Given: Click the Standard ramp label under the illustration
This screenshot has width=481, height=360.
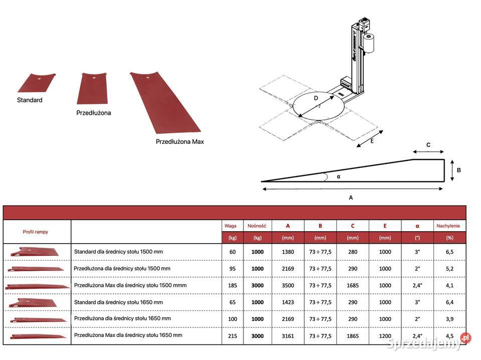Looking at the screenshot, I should coord(30,100).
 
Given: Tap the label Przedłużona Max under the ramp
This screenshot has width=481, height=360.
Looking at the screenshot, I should coord(179,142).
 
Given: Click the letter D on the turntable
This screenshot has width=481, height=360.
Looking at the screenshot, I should coord(316,98).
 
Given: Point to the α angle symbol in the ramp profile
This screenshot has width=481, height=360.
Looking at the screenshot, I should coord(338,176).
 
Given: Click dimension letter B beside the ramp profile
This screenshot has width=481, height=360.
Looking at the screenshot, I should coord(458,170).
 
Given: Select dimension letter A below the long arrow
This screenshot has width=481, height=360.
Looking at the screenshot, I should coord(351,198).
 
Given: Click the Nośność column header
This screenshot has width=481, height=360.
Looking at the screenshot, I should coord(257,226).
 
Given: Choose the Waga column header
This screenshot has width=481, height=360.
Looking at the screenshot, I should coord(230,226).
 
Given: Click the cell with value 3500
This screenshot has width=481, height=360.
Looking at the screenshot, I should coord(288,285).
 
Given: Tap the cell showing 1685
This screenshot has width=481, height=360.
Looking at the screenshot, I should coord(352,285).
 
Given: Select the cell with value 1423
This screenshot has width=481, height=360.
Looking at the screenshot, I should coord(288,302).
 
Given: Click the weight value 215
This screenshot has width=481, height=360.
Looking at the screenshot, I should coord(232,336).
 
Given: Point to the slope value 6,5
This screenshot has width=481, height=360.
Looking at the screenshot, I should coord(449,252).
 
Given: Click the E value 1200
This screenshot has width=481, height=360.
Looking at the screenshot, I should coord(385,336).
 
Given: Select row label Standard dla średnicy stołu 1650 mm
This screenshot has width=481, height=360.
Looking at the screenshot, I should coord(118,302).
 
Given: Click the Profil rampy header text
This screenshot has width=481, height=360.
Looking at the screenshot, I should coord(36,232).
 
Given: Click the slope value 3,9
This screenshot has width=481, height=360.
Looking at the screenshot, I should coord(449,319).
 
